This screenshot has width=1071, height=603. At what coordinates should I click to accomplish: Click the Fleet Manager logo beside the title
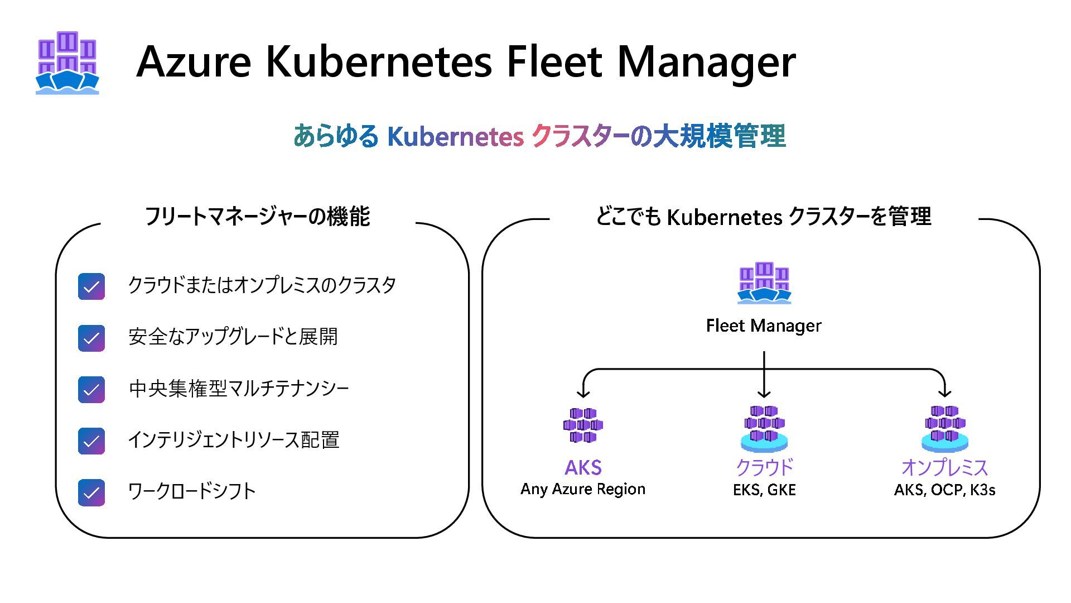pyautogui.click(x=67, y=63)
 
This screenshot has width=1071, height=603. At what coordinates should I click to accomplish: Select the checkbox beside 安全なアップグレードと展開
pyautogui.click(x=91, y=338)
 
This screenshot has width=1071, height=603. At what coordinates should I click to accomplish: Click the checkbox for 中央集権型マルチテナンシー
pyautogui.click(x=91, y=390)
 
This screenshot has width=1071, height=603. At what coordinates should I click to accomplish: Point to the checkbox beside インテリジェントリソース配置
pyautogui.click(x=91, y=441)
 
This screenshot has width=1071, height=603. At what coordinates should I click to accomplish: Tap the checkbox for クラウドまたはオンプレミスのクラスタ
pyautogui.click(x=91, y=286)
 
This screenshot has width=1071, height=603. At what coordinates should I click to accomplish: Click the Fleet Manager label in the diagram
pyautogui.click(x=764, y=326)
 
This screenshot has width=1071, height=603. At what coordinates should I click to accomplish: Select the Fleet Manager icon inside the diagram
pyautogui.click(x=764, y=283)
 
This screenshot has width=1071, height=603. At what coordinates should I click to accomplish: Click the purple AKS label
pyautogui.click(x=583, y=467)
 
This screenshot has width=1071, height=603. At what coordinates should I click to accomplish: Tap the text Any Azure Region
pyautogui.click(x=583, y=489)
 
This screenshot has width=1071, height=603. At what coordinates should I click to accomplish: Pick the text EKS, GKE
pyautogui.click(x=764, y=490)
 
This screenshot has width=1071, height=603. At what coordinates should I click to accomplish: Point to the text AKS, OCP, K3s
pyautogui.click(x=944, y=490)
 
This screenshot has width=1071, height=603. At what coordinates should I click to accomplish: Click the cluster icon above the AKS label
pyautogui.click(x=583, y=425)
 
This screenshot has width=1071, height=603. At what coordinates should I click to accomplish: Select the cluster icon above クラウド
pyautogui.click(x=764, y=428)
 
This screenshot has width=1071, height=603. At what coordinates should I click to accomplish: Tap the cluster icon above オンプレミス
pyautogui.click(x=944, y=428)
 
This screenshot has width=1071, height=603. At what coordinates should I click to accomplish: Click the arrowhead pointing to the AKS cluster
pyautogui.click(x=583, y=393)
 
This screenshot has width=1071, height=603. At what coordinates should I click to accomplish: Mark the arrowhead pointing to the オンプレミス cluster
pyautogui.click(x=944, y=392)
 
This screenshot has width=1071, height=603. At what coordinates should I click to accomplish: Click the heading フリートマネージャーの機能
pyautogui.click(x=257, y=217)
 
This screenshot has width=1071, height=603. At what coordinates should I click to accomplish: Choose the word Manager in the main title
pyautogui.click(x=706, y=61)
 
